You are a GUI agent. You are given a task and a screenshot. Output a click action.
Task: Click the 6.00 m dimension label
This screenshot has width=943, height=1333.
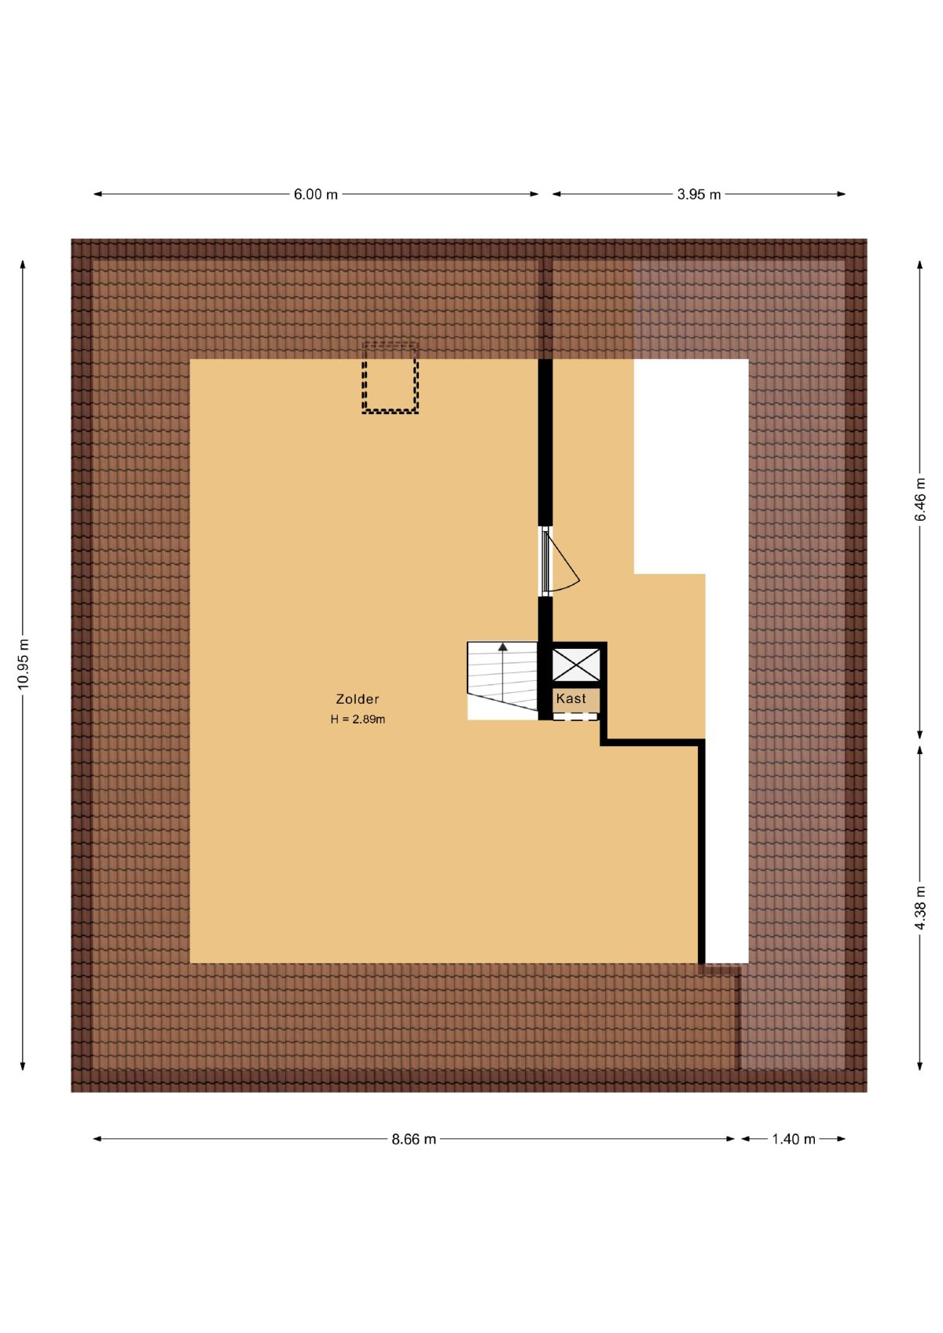[x=316, y=194]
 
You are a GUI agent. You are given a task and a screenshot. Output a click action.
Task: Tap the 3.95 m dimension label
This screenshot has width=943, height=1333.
[x=699, y=194]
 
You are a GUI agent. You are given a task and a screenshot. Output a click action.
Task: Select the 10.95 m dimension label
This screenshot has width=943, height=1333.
[x=24, y=664]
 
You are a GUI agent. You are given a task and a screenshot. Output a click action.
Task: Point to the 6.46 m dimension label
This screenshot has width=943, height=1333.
[x=920, y=500]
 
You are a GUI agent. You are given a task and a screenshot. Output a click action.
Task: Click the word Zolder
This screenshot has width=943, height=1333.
[x=358, y=699]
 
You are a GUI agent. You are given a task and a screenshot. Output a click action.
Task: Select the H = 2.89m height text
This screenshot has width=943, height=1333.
[x=358, y=720]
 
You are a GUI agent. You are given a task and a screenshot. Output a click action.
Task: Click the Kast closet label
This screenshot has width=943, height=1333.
[x=571, y=698]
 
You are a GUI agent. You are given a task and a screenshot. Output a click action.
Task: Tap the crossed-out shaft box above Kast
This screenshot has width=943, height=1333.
[x=576, y=665]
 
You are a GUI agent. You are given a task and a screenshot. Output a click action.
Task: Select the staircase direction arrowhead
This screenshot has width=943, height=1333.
[x=503, y=646]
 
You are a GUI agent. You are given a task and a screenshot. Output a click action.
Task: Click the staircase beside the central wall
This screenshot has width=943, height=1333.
[x=502, y=681]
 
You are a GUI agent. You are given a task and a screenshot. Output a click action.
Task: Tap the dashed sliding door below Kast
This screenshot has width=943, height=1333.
[x=575, y=717]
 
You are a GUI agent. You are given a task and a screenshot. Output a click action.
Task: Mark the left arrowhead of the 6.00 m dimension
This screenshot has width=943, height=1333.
[x=97, y=194]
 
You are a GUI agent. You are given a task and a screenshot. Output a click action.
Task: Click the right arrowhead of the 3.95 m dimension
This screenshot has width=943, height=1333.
[x=842, y=194]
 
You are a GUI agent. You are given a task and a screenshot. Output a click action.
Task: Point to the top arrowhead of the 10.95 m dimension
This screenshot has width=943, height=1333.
[x=24, y=265]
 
